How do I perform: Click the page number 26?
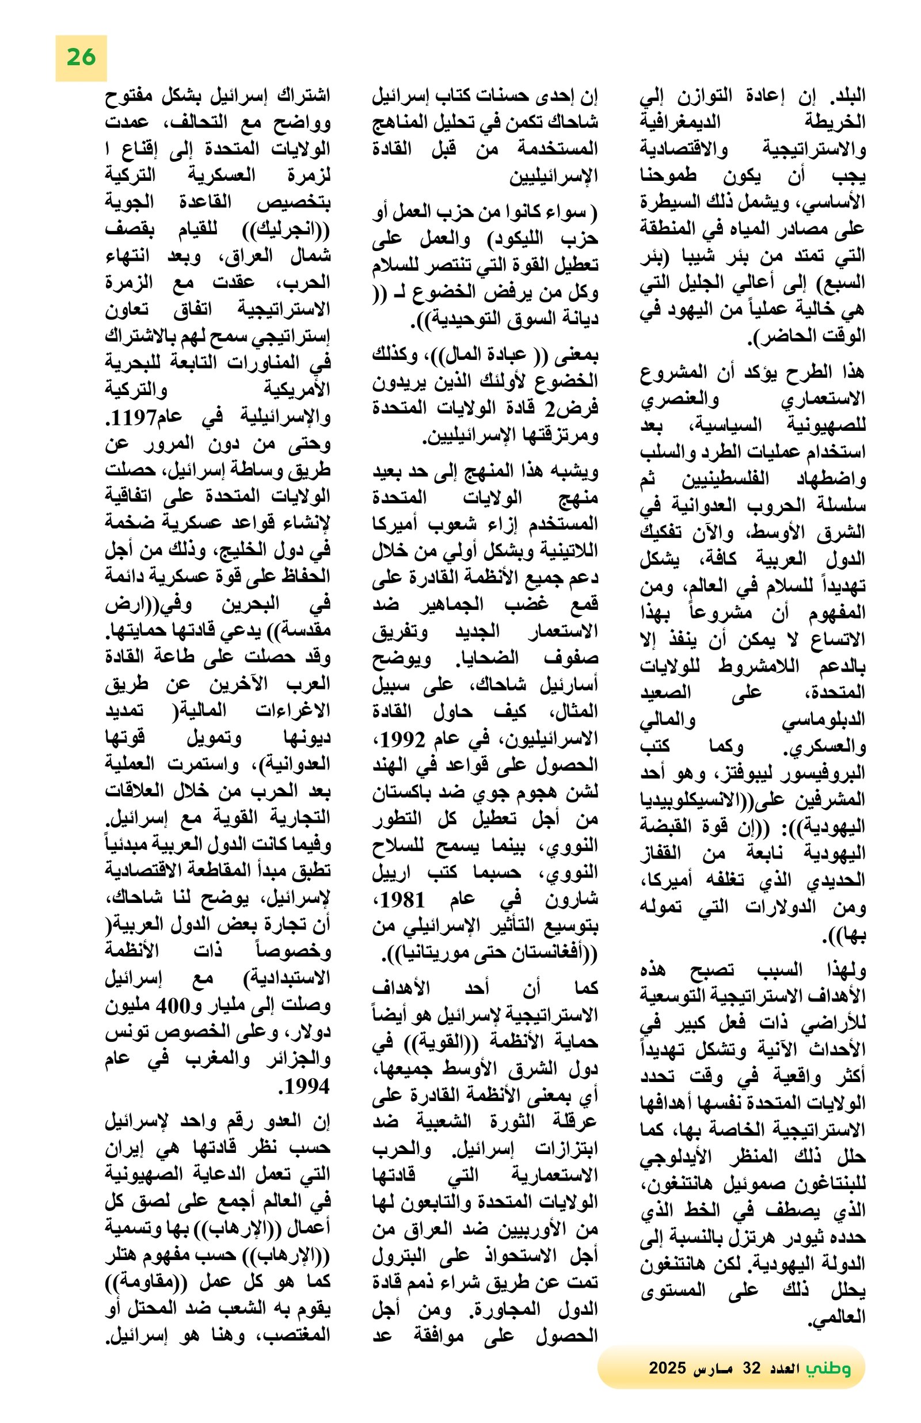point(81,58)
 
